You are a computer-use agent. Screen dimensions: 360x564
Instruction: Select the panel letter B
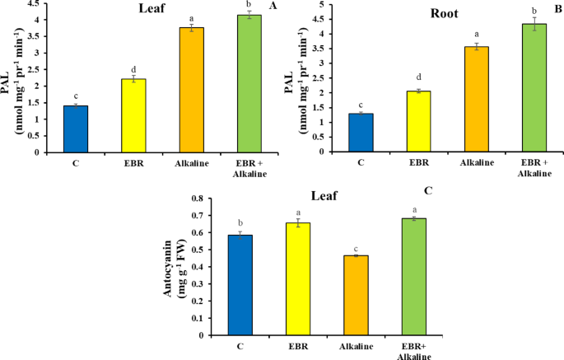(x=557, y=6)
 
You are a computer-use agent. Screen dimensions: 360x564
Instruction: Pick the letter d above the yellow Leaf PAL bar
(x=135, y=69)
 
